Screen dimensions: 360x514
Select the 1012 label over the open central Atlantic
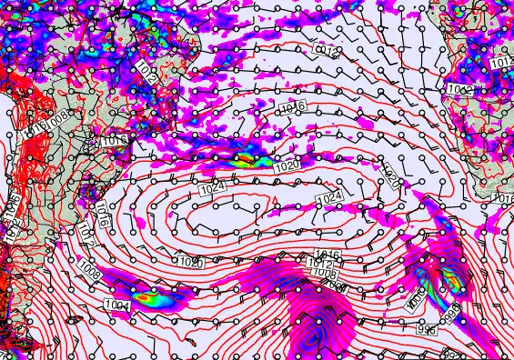click(327, 49)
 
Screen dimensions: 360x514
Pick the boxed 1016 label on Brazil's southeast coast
click(115, 141)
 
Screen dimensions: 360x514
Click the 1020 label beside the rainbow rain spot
click(286, 167)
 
